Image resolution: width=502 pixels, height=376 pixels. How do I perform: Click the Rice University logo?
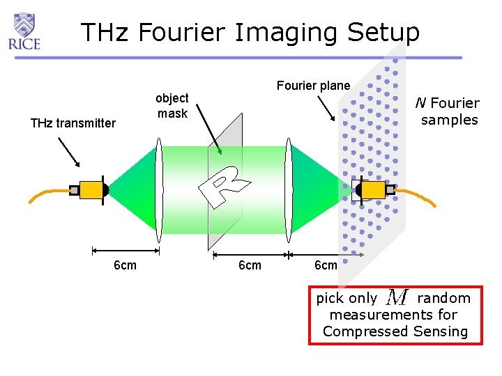click(x=24, y=31)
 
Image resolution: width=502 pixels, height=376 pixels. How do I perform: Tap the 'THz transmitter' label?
click(x=73, y=123)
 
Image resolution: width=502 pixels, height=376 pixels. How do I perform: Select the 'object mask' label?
click(x=172, y=106)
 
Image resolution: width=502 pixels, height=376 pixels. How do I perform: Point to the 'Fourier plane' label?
click(x=313, y=86)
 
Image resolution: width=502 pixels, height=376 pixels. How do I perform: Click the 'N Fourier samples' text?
click(x=449, y=111)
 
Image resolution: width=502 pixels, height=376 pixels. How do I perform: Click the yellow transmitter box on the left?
click(x=91, y=189)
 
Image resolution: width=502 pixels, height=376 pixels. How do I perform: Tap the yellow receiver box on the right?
click(x=373, y=189)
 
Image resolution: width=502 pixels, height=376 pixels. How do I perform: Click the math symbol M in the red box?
click(x=397, y=298)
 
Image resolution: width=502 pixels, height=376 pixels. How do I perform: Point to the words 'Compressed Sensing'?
click(x=395, y=331)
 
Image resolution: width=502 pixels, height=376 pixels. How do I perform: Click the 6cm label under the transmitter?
click(x=125, y=265)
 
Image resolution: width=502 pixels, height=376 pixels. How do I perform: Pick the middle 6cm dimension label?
click(x=250, y=265)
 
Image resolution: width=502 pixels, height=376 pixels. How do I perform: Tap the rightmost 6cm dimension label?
click(x=326, y=265)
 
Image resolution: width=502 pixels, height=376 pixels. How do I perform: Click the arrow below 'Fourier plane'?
click(x=326, y=108)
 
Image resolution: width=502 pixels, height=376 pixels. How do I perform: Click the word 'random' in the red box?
click(x=443, y=298)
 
